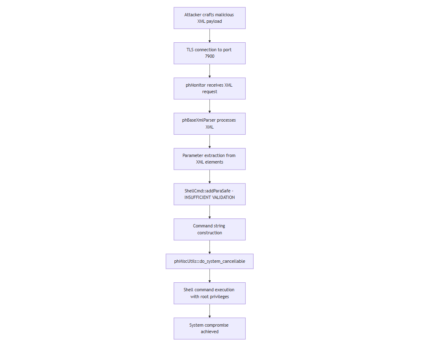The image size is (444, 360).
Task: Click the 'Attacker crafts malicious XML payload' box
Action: coord(209,18)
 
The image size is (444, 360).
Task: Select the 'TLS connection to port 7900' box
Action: coord(209,53)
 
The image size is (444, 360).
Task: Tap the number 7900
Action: coord(209,57)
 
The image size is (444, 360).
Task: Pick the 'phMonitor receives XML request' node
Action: coord(209,88)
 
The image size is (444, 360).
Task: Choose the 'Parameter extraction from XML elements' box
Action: coord(209,159)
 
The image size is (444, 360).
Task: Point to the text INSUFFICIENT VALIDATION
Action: coord(209,198)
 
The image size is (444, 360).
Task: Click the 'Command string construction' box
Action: coord(209,229)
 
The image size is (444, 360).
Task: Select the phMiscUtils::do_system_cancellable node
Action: coord(209,261)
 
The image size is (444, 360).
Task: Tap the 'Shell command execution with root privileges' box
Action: coord(209,293)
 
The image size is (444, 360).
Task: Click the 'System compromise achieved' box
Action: coord(209,328)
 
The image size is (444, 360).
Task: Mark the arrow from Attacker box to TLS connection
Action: coord(209,35)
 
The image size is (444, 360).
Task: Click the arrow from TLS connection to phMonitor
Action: coord(209,71)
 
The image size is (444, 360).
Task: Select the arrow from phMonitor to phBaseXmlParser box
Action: coord(209,106)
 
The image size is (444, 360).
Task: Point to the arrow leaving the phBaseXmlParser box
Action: coord(209,141)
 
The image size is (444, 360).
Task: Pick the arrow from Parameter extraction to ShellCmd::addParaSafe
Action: coord(209,177)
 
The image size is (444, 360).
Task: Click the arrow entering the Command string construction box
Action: coord(209,212)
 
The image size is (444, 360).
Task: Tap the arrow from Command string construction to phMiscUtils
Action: coord(209,247)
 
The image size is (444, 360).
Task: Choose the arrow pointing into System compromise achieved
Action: coord(209,311)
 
